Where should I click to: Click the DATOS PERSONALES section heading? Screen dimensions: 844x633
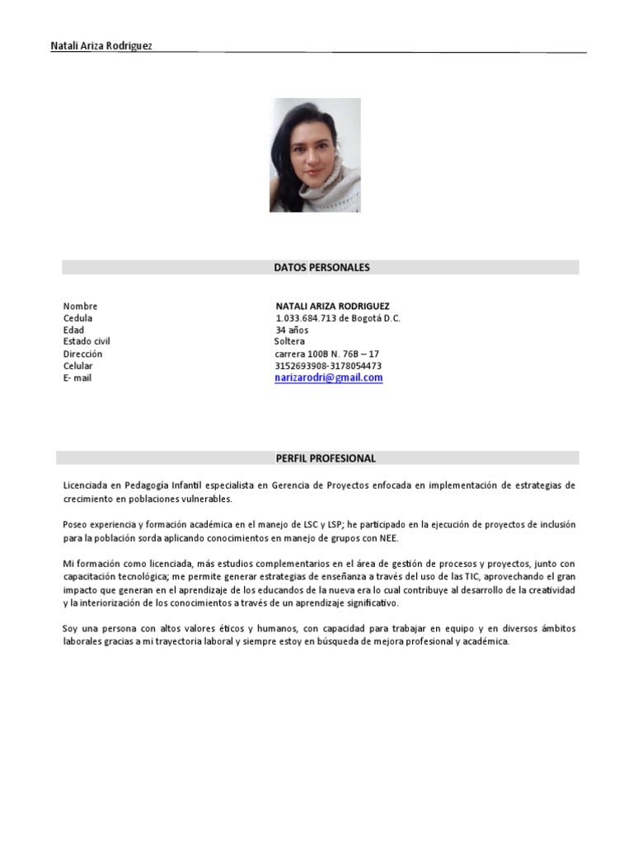pos(321,268)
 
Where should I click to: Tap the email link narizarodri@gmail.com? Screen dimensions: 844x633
pos(329,377)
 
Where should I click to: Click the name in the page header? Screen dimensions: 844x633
pos(101,46)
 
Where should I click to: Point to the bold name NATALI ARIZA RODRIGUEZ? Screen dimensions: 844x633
pos(332,306)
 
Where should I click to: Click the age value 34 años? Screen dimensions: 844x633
pos(293,330)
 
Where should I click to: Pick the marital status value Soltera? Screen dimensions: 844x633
pos(289,341)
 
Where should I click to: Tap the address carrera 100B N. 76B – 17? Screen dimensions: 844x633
pos(326,354)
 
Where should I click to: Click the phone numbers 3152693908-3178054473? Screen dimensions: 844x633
pos(328,366)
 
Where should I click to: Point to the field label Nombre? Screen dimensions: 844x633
pos(80,306)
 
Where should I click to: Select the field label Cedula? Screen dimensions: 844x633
pos(77,318)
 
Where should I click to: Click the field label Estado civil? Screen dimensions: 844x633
pos(87,341)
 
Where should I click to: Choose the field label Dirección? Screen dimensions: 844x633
pos(82,354)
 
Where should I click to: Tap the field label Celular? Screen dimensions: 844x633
pos(78,366)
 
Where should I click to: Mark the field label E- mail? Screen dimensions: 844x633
pos(77,377)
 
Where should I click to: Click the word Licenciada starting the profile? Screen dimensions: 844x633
pos(87,486)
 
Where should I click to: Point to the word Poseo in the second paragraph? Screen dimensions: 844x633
pos(76,525)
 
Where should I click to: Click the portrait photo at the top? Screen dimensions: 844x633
pos(315,155)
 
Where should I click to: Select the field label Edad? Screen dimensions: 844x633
pos(73,330)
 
